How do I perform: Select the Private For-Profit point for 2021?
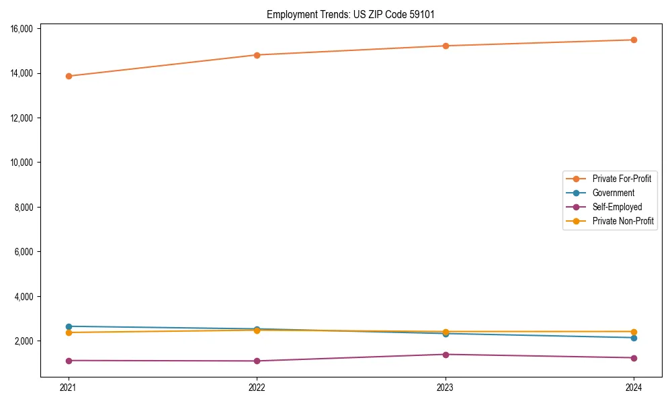pyautogui.click(x=69, y=76)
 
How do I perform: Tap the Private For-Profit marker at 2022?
pyautogui.click(x=257, y=55)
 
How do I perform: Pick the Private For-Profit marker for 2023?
pyautogui.click(x=446, y=46)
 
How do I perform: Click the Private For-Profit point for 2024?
pyautogui.click(x=634, y=40)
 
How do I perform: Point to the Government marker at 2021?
pyautogui.click(x=69, y=326)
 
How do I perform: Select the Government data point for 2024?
pyautogui.click(x=634, y=337)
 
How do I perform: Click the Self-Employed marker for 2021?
pyautogui.click(x=69, y=361)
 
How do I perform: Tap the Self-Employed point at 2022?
pyautogui.click(x=257, y=361)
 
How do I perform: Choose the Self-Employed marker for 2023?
pyautogui.click(x=446, y=355)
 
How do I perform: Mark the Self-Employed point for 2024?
pyautogui.click(x=634, y=358)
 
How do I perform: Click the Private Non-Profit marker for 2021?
pyautogui.click(x=69, y=332)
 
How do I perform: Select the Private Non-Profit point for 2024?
pyautogui.click(x=634, y=332)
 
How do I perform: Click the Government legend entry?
pyautogui.click(x=613, y=193)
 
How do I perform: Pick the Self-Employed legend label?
pyautogui.click(x=617, y=207)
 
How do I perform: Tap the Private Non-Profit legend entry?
pyautogui.click(x=623, y=221)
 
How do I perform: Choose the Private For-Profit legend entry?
pyautogui.click(x=622, y=179)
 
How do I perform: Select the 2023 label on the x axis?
pyautogui.click(x=446, y=388)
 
